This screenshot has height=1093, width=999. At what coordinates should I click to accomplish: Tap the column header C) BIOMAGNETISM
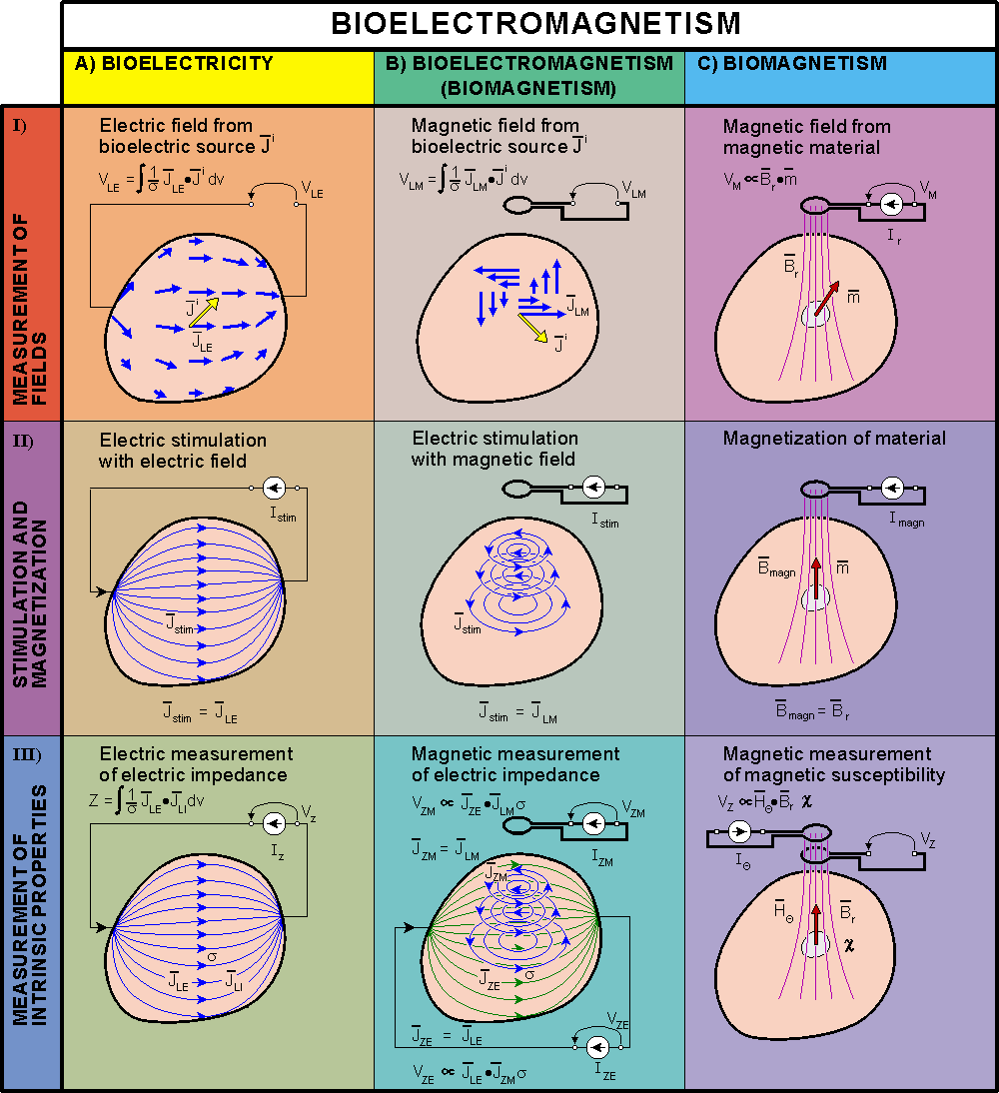click(805, 64)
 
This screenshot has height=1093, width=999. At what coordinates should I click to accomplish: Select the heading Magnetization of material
click(834, 439)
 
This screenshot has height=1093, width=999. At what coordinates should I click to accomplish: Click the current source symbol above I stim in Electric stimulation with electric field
click(275, 489)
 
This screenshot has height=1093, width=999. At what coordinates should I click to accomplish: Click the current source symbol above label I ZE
click(597, 1046)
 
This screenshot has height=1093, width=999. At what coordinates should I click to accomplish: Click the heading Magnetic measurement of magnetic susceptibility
click(833, 764)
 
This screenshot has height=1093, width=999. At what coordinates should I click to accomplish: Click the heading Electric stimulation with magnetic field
click(495, 449)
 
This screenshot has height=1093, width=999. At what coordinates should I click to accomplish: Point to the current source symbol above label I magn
click(892, 491)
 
